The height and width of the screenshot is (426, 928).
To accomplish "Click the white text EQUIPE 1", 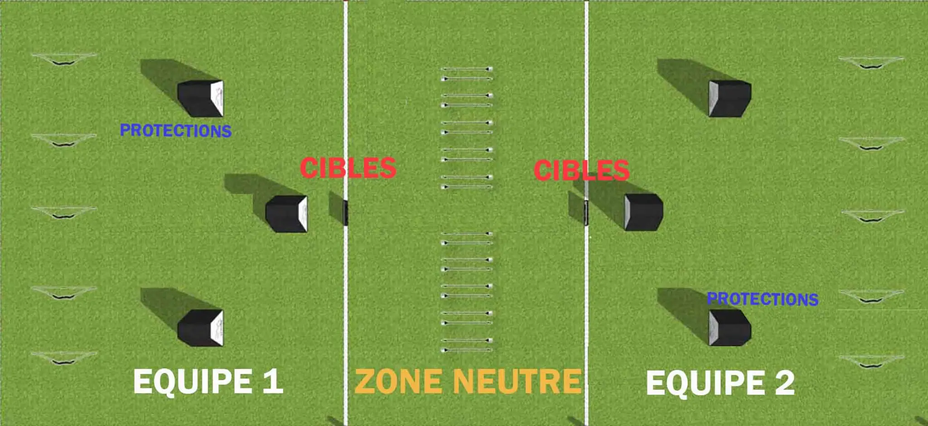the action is pos(208,381).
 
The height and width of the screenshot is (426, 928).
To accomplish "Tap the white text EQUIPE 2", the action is pos(720,383).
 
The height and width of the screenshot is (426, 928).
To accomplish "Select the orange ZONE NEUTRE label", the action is pos(468,381).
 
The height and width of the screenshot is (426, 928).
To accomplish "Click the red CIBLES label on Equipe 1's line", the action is pos(348,168).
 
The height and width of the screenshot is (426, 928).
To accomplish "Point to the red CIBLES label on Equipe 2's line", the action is pos(581,171).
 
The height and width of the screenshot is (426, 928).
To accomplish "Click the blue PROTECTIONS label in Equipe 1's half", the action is pos(176,131).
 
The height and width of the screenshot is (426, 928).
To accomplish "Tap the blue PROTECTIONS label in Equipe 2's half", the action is pos(763,299).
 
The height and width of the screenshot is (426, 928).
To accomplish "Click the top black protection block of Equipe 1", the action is pos(200,98).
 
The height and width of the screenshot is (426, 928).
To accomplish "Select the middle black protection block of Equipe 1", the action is pos(286,214).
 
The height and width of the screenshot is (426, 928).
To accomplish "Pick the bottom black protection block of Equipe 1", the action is pos(200,328).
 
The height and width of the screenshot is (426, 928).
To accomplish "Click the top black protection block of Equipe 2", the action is pos(730,98).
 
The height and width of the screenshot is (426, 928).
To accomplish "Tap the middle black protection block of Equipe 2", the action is pos(643,212).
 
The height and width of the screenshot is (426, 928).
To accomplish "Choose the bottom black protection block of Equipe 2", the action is pos(730,328).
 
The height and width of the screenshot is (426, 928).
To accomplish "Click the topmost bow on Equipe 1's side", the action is pos(64,59).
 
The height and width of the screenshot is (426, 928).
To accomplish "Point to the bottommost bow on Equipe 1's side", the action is pos(64,358).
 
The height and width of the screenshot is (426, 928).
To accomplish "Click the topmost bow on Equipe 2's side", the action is pos(871,63).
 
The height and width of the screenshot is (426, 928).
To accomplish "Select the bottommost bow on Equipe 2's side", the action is pos(871,362).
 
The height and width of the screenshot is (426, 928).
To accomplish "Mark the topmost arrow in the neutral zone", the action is pos(467,69).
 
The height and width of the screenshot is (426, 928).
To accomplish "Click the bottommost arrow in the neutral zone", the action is pos(467,350).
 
